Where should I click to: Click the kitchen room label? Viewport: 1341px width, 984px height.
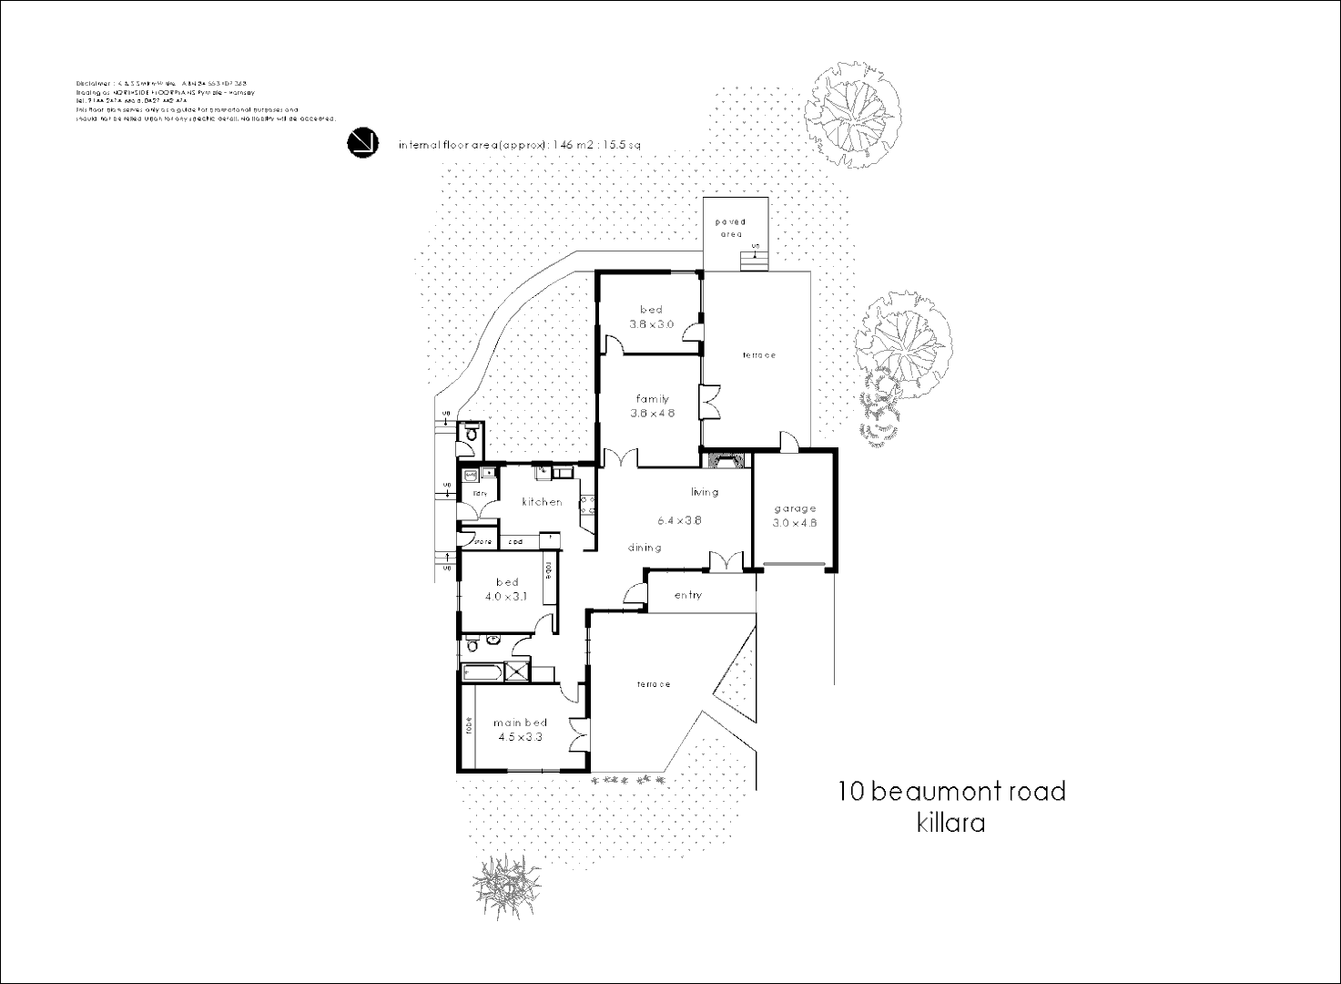click(542, 502)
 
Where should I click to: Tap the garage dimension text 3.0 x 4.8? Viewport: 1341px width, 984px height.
click(795, 523)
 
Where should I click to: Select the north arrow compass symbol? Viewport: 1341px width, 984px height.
click(362, 143)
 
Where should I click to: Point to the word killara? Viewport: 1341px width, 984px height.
click(950, 823)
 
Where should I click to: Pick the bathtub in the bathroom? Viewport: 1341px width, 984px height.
click(483, 672)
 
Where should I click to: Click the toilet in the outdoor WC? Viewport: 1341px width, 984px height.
click(470, 439)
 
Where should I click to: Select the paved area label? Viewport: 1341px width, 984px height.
click(730, 228)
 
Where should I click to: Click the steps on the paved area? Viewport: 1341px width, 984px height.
click(754, 261)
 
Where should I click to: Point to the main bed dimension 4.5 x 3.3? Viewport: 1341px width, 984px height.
click(520, 737)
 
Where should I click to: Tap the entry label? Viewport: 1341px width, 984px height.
click(688, 595)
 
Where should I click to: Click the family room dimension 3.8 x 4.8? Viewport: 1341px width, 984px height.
click(652, 413)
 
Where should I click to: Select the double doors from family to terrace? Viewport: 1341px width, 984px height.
click(707, 403)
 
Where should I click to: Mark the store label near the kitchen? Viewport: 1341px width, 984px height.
click(482, 542)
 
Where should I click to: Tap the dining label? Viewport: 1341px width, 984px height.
click(645, 548)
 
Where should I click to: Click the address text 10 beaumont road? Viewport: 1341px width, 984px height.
click(951, 791)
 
